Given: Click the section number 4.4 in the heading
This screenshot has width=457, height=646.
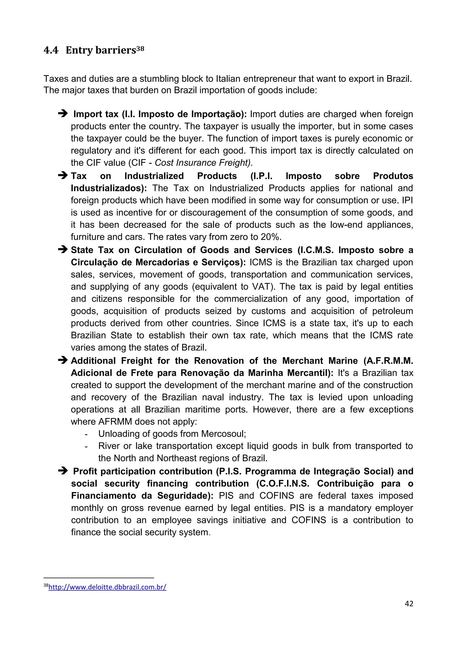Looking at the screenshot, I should [x=51, y=50].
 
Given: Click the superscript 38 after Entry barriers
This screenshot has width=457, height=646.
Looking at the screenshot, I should [x=140, y=48].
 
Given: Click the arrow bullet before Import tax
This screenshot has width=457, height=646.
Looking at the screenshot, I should [x=63, y=114].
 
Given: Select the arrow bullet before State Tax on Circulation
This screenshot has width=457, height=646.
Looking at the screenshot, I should [x=63, y=249].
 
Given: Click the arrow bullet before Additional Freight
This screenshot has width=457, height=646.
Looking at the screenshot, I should [x=63, y=360].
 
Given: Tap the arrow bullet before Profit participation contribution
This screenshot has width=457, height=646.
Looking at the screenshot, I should [x=63, y=471].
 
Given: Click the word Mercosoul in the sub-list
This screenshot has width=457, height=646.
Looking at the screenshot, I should [x=223, y=434].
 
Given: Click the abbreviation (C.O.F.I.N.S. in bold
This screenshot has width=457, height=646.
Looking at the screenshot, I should [x=283, y=483].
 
